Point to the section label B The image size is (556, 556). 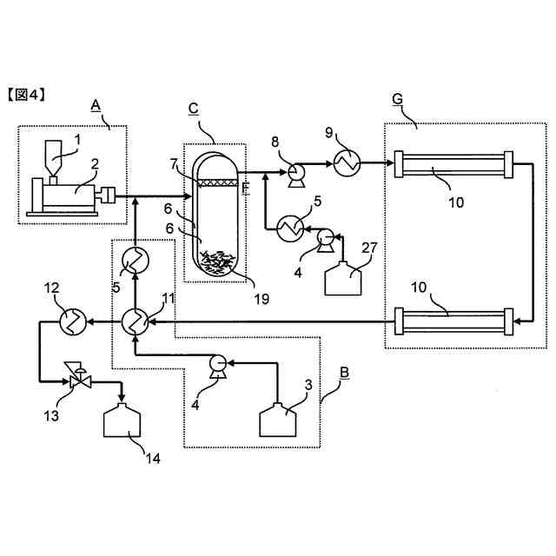click(x=344, y=374)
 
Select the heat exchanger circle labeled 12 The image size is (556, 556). click(x=70, y=322)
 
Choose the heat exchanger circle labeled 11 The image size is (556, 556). click(x=135, y=322)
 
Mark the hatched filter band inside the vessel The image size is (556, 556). click(x=217, y=182)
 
